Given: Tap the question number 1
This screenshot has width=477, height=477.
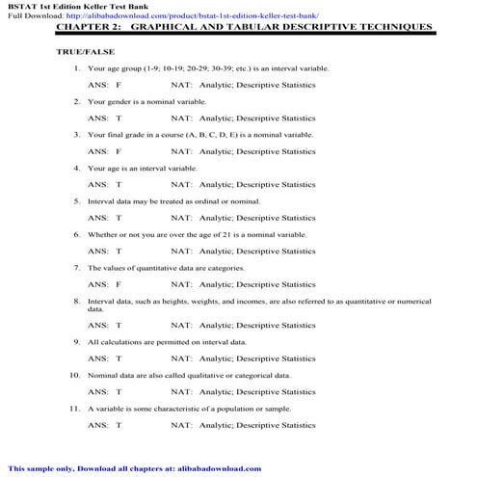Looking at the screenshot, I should pyautogui.click(x=76, y=69).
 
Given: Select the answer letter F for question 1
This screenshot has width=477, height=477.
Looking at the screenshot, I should pyautogui.click(x=119, y=86).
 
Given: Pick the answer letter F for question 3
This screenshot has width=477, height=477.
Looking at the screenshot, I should pyautogui.click(x=119, y=151).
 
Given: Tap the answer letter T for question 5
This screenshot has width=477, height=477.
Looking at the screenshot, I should pyautogui.click(x=119, y=218).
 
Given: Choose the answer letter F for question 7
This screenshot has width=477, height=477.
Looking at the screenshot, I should pyautogui.click(x=119, y=284).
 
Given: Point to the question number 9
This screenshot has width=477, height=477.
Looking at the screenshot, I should pyautogui.click(x=76, y=341).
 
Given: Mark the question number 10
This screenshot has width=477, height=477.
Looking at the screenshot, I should pyautogui.click(x=74, y=375).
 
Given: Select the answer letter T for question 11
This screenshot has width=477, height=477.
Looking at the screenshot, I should pyautogui.click(x=119, y=425).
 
